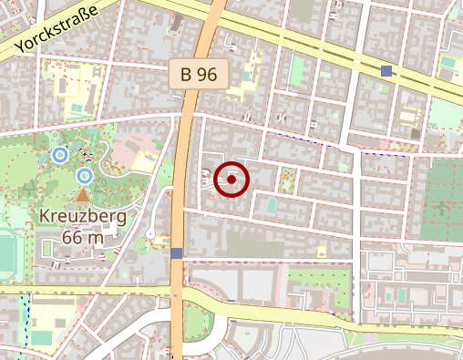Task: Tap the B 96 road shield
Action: coord(198,75)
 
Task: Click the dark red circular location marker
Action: coord(231,180)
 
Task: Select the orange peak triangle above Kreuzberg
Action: coord(83,195)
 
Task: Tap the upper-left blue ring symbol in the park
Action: coord(60,155)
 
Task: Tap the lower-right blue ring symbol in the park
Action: coord(85,175)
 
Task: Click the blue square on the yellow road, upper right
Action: coord(386,70)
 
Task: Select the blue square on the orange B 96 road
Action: coord(176,252)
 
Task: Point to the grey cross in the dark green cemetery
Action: coord(443,207)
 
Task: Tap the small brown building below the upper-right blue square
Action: coord(416,133)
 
